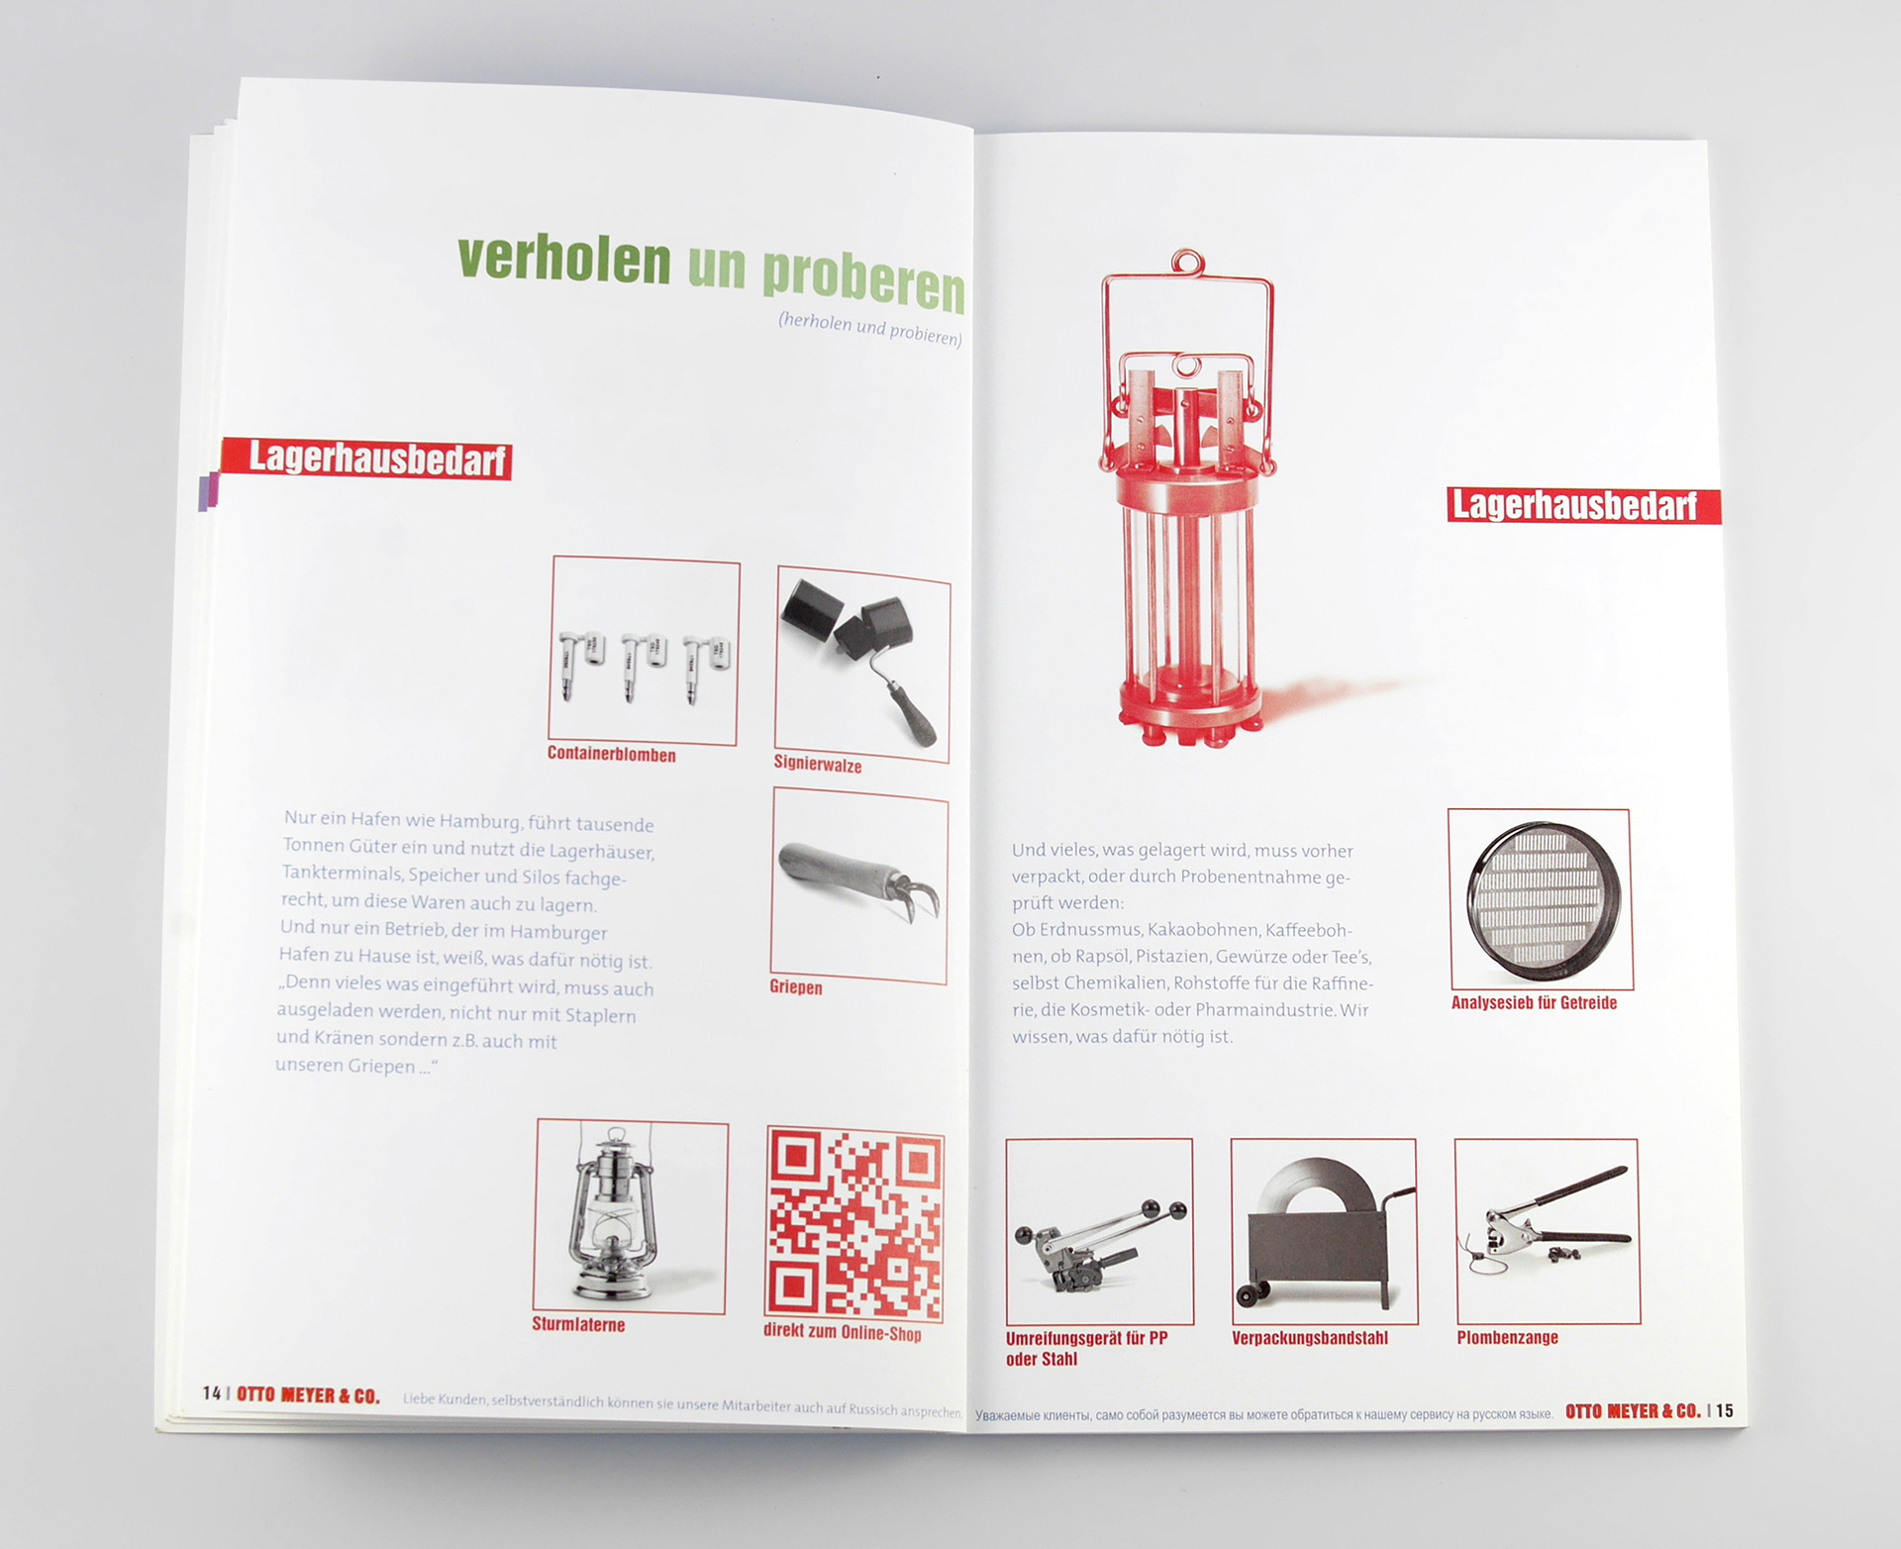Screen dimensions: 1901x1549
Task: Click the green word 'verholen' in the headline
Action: (563, 259)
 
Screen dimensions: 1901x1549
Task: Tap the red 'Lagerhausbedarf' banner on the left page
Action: (366, 459)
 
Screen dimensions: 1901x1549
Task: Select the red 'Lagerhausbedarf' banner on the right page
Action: (1583, 505)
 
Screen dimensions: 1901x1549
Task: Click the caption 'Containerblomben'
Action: (612, 755)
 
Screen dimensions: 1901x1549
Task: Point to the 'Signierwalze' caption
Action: (818, 765)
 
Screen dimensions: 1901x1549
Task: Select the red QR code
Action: (854, 1225)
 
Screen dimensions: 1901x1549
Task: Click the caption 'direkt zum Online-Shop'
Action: (843, 1332)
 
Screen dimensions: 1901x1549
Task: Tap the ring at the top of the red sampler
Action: (1186, 263)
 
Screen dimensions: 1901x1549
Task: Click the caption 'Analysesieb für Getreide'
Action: (1534, 1002)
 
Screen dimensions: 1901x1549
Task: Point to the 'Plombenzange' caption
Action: (1507, 1337)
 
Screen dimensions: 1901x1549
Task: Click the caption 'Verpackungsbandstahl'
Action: (1310, 1338)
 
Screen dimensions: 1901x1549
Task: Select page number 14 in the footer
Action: (212, 1394)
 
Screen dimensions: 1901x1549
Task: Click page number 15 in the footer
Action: (1725, 1410)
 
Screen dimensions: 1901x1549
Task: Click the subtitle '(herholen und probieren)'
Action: (870, 328)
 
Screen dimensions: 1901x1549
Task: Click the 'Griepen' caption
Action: (796, 987)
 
